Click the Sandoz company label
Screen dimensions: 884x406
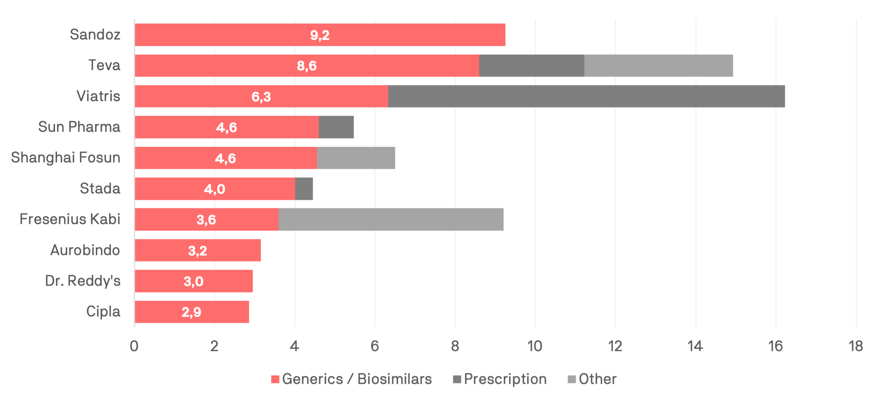(x=95, y=34)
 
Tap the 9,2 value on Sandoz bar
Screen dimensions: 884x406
(x=320, y=35)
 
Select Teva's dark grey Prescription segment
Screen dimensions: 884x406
(x=531, y=66)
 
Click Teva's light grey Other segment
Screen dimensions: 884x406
(x=659, y=66)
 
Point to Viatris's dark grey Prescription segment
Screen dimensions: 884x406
(x=586, y=96)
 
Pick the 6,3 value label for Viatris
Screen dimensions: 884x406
(x=261, y=97)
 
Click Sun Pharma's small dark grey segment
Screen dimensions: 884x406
(x=336, y=127)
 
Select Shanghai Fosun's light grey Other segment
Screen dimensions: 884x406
(x=356, y=158)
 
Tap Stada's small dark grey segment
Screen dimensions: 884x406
(x=304, y=189)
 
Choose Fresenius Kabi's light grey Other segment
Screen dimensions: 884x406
(x=391, y=219)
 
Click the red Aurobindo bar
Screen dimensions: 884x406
(x=198, y=250)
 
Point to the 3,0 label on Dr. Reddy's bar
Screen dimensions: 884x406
(x=194, y=282)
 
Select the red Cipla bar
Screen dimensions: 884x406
(x=192, y=312)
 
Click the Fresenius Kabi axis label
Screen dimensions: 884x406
(x=70, y=219)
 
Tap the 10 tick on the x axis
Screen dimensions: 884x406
(x=535, y=346)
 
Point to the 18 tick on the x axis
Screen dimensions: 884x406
(x=856, y=346)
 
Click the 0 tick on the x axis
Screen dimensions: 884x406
(x=134, y=346)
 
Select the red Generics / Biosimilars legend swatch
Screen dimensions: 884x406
(x=275, y=379)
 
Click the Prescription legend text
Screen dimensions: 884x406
(x=505, y=379)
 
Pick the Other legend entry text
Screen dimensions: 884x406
(x=597, y=379)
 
